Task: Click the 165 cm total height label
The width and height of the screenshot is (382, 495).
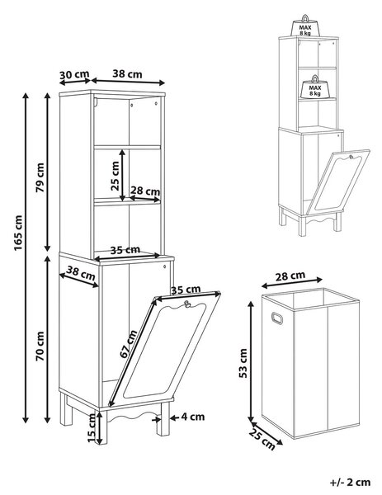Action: click(x=18, y=233)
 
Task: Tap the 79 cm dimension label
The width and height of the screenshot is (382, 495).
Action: click(x=40, y=177)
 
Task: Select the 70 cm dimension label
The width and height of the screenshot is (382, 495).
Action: click(x=40, y=346)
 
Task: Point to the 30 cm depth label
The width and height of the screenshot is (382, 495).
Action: click(x=74, y=75)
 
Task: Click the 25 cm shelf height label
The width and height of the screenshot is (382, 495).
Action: click(x=116, y=176)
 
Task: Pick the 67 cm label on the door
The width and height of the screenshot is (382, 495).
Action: click(x=129, y=344)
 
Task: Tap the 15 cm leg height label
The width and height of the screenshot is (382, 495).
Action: click(x=91, y=427)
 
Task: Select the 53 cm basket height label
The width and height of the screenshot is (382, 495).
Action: click(x=243, y=363)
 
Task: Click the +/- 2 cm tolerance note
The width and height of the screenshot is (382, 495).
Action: click(x=350, y=482)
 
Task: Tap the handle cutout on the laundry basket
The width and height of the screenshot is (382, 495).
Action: click(x=277, y=318)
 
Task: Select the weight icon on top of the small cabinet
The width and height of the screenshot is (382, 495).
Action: click(x=305, y=26)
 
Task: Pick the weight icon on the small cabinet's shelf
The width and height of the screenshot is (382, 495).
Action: click(x=314, y=86)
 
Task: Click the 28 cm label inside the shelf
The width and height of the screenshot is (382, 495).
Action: click(x=145, y=191)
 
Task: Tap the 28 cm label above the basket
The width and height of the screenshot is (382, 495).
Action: click(x=290, y=276)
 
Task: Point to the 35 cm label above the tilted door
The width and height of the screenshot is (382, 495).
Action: click(x=186, y=290)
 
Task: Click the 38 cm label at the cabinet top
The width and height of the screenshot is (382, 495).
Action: click(x=128, y=73)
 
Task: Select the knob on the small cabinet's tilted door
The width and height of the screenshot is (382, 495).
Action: click(x=351, y=157)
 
